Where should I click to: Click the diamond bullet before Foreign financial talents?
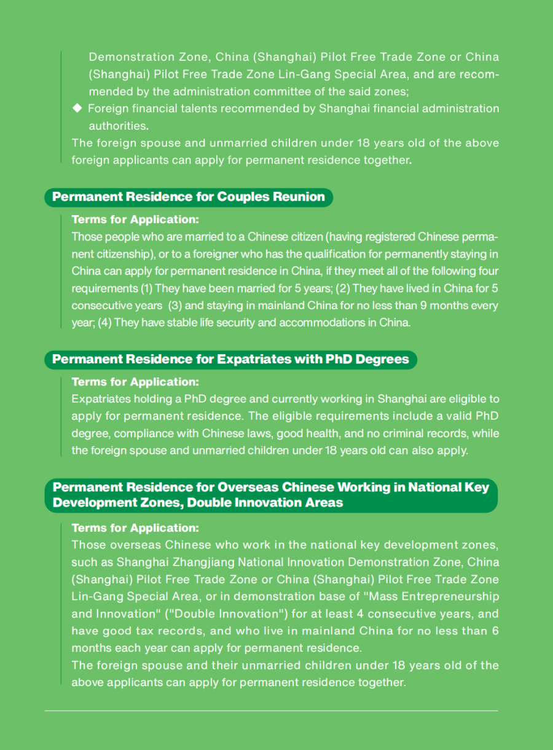pyautogui.click(x=77, y=109)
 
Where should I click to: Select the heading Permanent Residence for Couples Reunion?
pyautogui.click(x=188, y=197)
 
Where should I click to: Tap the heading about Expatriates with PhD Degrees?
pyautogui.click(x=230, y=359)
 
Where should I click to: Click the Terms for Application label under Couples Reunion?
pyautogui.click(x=135, y=219)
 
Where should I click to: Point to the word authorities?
pyautogui.click(x=117, y=126)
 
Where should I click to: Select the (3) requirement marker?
pyautogui.click(x=175, y=306)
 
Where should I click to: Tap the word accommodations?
pyautogui.click(x=317, y=323)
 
